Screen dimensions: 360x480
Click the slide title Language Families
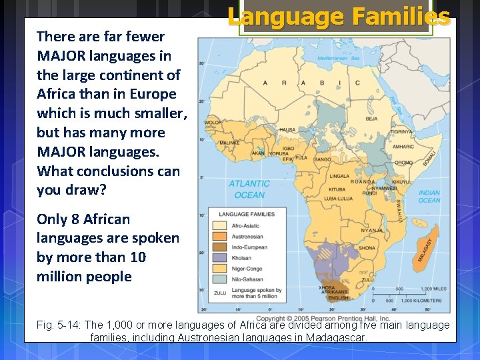click(x=339, y=17)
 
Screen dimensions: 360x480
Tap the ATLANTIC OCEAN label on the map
click(x=249, y=189)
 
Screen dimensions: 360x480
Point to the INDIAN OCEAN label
click(x=429, y=197)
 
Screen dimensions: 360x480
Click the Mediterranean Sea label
click(x=338, y=59)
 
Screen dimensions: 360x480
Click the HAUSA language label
click(x=287, y=130)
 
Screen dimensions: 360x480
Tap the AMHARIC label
click(x=403, y=147)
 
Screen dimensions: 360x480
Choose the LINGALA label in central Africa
click(x=339, y=177)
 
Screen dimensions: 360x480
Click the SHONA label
click(x=367, y=247)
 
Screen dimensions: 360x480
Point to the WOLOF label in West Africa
click(x=213, y=123)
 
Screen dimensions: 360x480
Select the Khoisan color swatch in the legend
click(x=219, y=257)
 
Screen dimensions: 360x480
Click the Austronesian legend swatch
click(x=219, y=236)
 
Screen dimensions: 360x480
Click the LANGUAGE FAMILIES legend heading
click(x=246, y=214)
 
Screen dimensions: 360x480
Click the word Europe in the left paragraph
click(x=154, y=94)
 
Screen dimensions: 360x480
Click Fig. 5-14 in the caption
click(x=59, y=325)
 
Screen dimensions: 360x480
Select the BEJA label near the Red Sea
click(x=371, y=119)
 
